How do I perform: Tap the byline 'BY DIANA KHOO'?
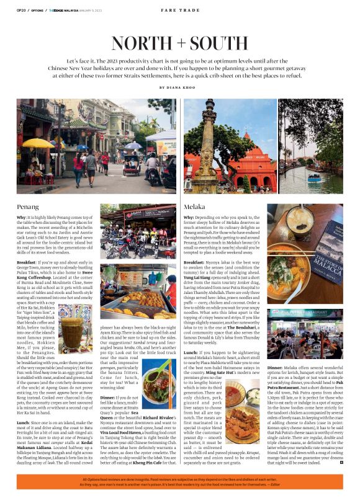[180, 87]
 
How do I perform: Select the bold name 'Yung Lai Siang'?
[197, 277]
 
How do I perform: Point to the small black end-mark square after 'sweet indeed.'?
[341, 463]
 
